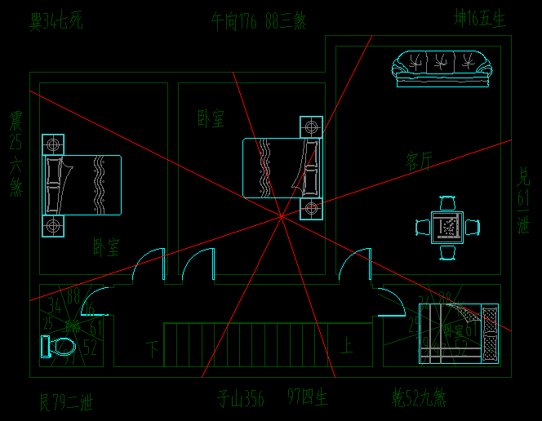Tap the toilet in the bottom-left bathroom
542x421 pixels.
tap(58, 347)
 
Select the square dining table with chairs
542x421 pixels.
tap(447, 227)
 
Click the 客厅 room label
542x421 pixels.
tap(420, 161)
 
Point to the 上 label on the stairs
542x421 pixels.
tap(346, 348)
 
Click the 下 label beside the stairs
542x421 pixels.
tap(153, 349)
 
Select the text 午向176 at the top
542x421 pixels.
tap(233, 21)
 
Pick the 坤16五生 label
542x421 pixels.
tap(480, 19)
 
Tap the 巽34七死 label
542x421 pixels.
tap(56, 20)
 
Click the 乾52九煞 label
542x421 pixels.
tap(420, 398)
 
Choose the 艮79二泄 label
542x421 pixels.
tap(66, 401)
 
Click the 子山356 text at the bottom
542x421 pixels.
tap(241, 399)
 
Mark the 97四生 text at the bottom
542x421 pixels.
tap(308, 398)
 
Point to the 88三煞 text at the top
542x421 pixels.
tap(285, 21)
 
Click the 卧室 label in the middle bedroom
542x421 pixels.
tap(211, 119)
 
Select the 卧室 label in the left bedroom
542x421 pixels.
tap(106, 246)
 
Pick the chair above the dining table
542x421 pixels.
tap(447, 203)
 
